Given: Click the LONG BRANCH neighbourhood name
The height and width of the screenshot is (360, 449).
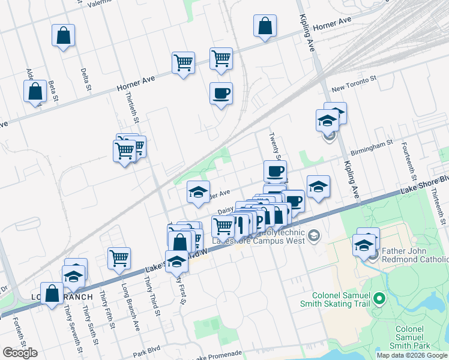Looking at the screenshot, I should point(62,297).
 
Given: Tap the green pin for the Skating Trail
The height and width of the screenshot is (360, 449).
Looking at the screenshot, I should point(379,298).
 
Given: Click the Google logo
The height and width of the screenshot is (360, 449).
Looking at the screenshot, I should point(20,353).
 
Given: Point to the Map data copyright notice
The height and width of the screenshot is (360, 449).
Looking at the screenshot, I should point(412,355).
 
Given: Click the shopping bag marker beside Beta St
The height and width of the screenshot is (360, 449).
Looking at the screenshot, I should point(36,92).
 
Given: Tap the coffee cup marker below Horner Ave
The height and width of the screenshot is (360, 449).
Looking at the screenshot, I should point(221,94).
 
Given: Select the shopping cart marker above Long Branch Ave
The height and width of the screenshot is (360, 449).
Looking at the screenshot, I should point(119,258).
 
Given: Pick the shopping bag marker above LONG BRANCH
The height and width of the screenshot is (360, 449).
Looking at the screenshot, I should point(52,294).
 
